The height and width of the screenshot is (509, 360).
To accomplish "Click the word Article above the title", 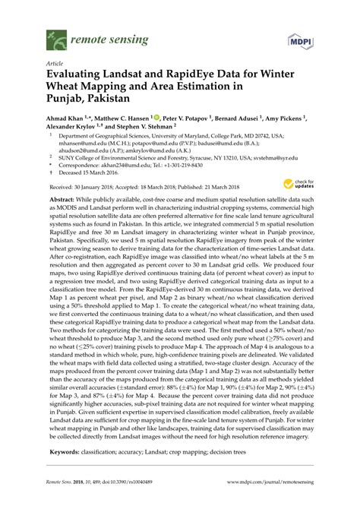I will [x=55, y=64].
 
